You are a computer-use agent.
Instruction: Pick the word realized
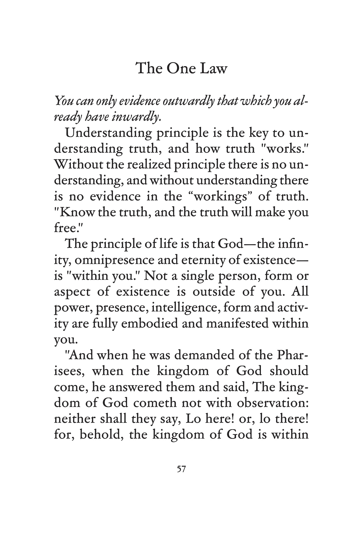pyautogui.click(x=149, y=165)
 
